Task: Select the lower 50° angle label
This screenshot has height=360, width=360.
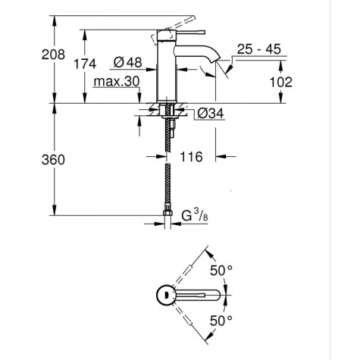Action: [x=220, y=321]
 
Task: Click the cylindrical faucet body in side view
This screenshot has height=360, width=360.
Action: [x=167, y=68]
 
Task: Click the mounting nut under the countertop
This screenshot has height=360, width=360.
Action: [x=167, y=116]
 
